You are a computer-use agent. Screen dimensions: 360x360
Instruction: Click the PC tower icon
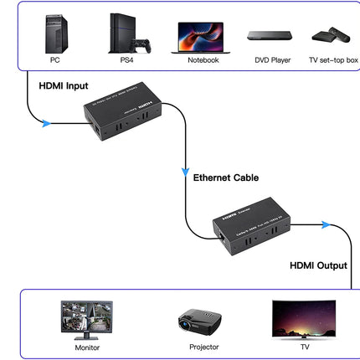[x=56, y=33]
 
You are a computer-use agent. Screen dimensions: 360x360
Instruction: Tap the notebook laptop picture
[x=203, y=38]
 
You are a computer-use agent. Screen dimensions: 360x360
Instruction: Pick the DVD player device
[x=270, y=36]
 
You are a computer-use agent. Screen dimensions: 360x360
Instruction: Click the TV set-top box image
[x=331, y=35]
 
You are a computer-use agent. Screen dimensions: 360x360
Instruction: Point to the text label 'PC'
[x=55, y=60]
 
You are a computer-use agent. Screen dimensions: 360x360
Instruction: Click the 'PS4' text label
[x=126, y=60]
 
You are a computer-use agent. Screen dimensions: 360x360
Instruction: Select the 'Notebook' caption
[x=203, y=60]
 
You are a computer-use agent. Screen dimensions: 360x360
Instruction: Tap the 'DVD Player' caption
[x=272, y=60]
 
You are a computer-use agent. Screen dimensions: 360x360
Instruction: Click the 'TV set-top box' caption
[x=333, y=60]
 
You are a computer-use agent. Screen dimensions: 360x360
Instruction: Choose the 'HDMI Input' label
[x=63, y=86]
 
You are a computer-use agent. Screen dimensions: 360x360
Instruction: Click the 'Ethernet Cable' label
[x=226, y=177]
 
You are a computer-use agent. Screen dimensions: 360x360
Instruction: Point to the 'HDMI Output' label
[x=318, y=265]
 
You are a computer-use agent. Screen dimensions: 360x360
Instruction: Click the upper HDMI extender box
[x=122, y=110]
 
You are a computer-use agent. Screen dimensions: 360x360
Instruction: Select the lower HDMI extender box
[x=251, y=224]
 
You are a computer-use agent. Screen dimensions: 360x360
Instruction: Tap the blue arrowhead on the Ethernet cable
[x=186, y=172]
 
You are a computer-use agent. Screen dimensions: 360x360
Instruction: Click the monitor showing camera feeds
[x=86, y=320]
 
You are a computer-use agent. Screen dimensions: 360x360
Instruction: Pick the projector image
[x=199, y=321]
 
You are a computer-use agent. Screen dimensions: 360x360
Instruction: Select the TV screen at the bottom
[x=303, y=319]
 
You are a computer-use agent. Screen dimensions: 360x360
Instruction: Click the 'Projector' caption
[x=203, y=347]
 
